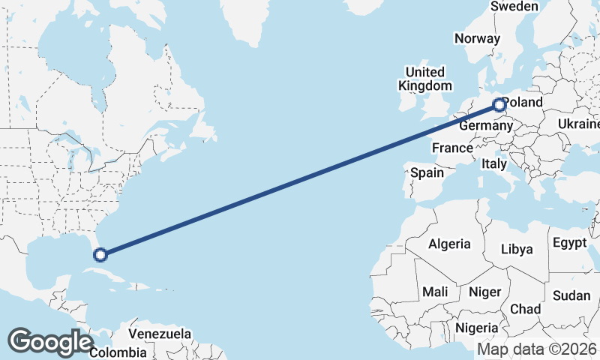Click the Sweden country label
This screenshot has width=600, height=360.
(514, 6)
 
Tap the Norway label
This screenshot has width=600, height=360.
(477, 39)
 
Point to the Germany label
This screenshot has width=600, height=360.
(485, 126)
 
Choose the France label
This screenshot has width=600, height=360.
(452, 148)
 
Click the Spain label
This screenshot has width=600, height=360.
(427, 172)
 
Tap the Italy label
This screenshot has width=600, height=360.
(494, 163)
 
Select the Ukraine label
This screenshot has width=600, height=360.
(578, 124)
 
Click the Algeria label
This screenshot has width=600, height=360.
(449, 244)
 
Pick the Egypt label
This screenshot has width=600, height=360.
(569, 242)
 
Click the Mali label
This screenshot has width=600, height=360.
(435, 291)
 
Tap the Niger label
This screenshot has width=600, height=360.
(484, 291)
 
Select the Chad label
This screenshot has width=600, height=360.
(525, 309)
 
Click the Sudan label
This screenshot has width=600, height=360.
(571, 295)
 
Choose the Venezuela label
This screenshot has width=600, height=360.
(160, 334)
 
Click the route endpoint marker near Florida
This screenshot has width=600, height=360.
(100, 255)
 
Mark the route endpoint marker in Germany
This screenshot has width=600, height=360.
(499, 105)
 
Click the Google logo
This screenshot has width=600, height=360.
(50, 342)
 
